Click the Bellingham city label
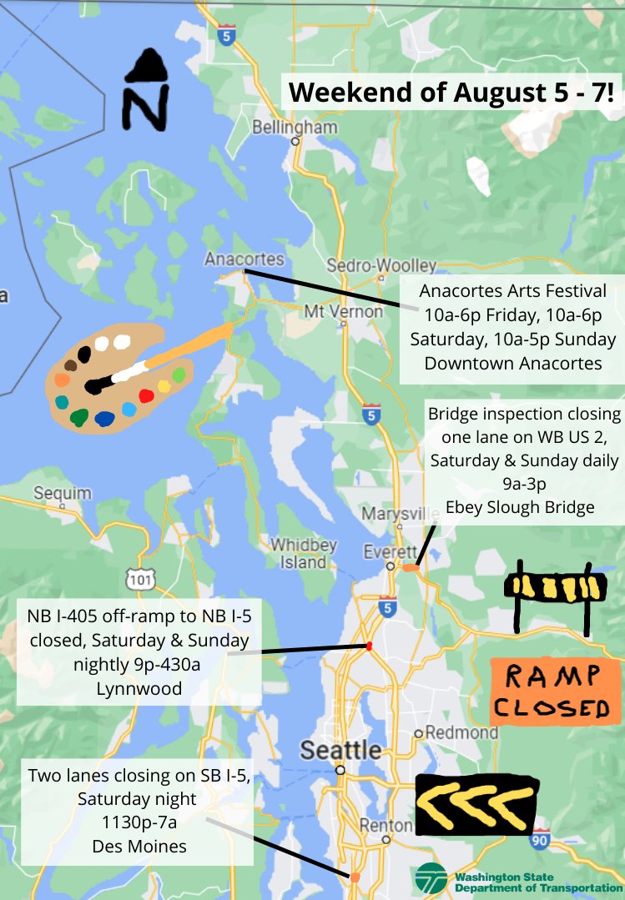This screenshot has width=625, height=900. point(295,128)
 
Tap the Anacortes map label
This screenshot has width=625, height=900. point(244,259)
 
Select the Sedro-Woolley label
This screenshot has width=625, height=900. point(381,265)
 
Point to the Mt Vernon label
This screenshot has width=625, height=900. point(343,312)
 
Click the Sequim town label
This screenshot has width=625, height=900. point(63,493)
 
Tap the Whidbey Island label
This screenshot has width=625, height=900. point(303,554)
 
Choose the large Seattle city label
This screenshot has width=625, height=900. point(340,749)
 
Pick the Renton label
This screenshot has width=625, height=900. point(387,826)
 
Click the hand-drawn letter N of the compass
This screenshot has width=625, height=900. point(146,105)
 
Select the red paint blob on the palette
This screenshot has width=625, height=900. point(147,395)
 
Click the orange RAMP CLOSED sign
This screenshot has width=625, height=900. point(555,691)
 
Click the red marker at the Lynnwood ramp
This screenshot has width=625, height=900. point(368,646)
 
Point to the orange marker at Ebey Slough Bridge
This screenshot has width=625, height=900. point(411,567)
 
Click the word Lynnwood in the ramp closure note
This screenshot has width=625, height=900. point(138,689)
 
